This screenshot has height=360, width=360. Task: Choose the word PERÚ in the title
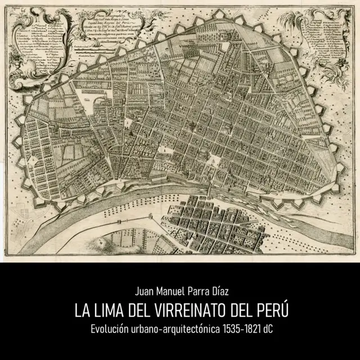(267, 310)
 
